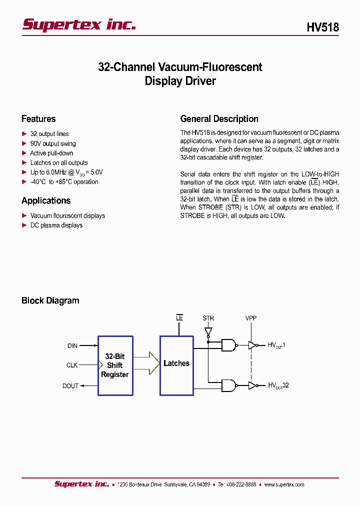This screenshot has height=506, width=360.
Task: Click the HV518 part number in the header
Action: pyautogui.click(x=322, y=27)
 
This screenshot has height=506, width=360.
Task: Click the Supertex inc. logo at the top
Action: pyautogui.click(x=79, y=24)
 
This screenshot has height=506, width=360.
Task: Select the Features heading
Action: pyautogui.click(x=38, y=119)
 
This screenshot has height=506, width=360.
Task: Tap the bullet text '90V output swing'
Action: pyautogui.click(x=53, y=143)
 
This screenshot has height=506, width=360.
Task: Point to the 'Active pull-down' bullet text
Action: pyautogui.click(x=51, y=153)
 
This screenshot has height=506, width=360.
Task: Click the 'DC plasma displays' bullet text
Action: pyautogui.click(x=56, y=225)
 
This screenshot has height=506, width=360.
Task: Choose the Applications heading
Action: pyautogui.click(x=46, y=200)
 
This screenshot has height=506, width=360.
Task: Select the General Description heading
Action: pyautogui.click(x=219, y=119)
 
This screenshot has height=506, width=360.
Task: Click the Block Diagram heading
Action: pyautogui.click(x=50, y=300)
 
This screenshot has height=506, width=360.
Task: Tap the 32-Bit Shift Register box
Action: pyautogui.click(x=115, y=365)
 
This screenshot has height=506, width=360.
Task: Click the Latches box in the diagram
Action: pyautogui.click(x=176, y=363)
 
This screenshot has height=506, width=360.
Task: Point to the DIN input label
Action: pyautogui.click(x=72, y=345)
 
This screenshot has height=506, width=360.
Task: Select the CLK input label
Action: pyautogui.click(x=72, y=365)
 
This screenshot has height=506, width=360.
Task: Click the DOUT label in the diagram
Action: pyautogui.click(x=70, y=386)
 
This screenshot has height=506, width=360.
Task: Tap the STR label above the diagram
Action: pyautogui.click(x=208, y=318)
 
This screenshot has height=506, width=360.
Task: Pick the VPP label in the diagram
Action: pyautogui.click(x=251, y=318)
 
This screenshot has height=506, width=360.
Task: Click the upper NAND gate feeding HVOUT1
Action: pyautogui.click(x=229, y=345)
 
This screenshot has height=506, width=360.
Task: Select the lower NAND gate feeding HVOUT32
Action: pyautogui.click(x=229, y=385)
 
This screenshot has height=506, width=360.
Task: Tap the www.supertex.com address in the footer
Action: pyautogui.click(x=283, y=484)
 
